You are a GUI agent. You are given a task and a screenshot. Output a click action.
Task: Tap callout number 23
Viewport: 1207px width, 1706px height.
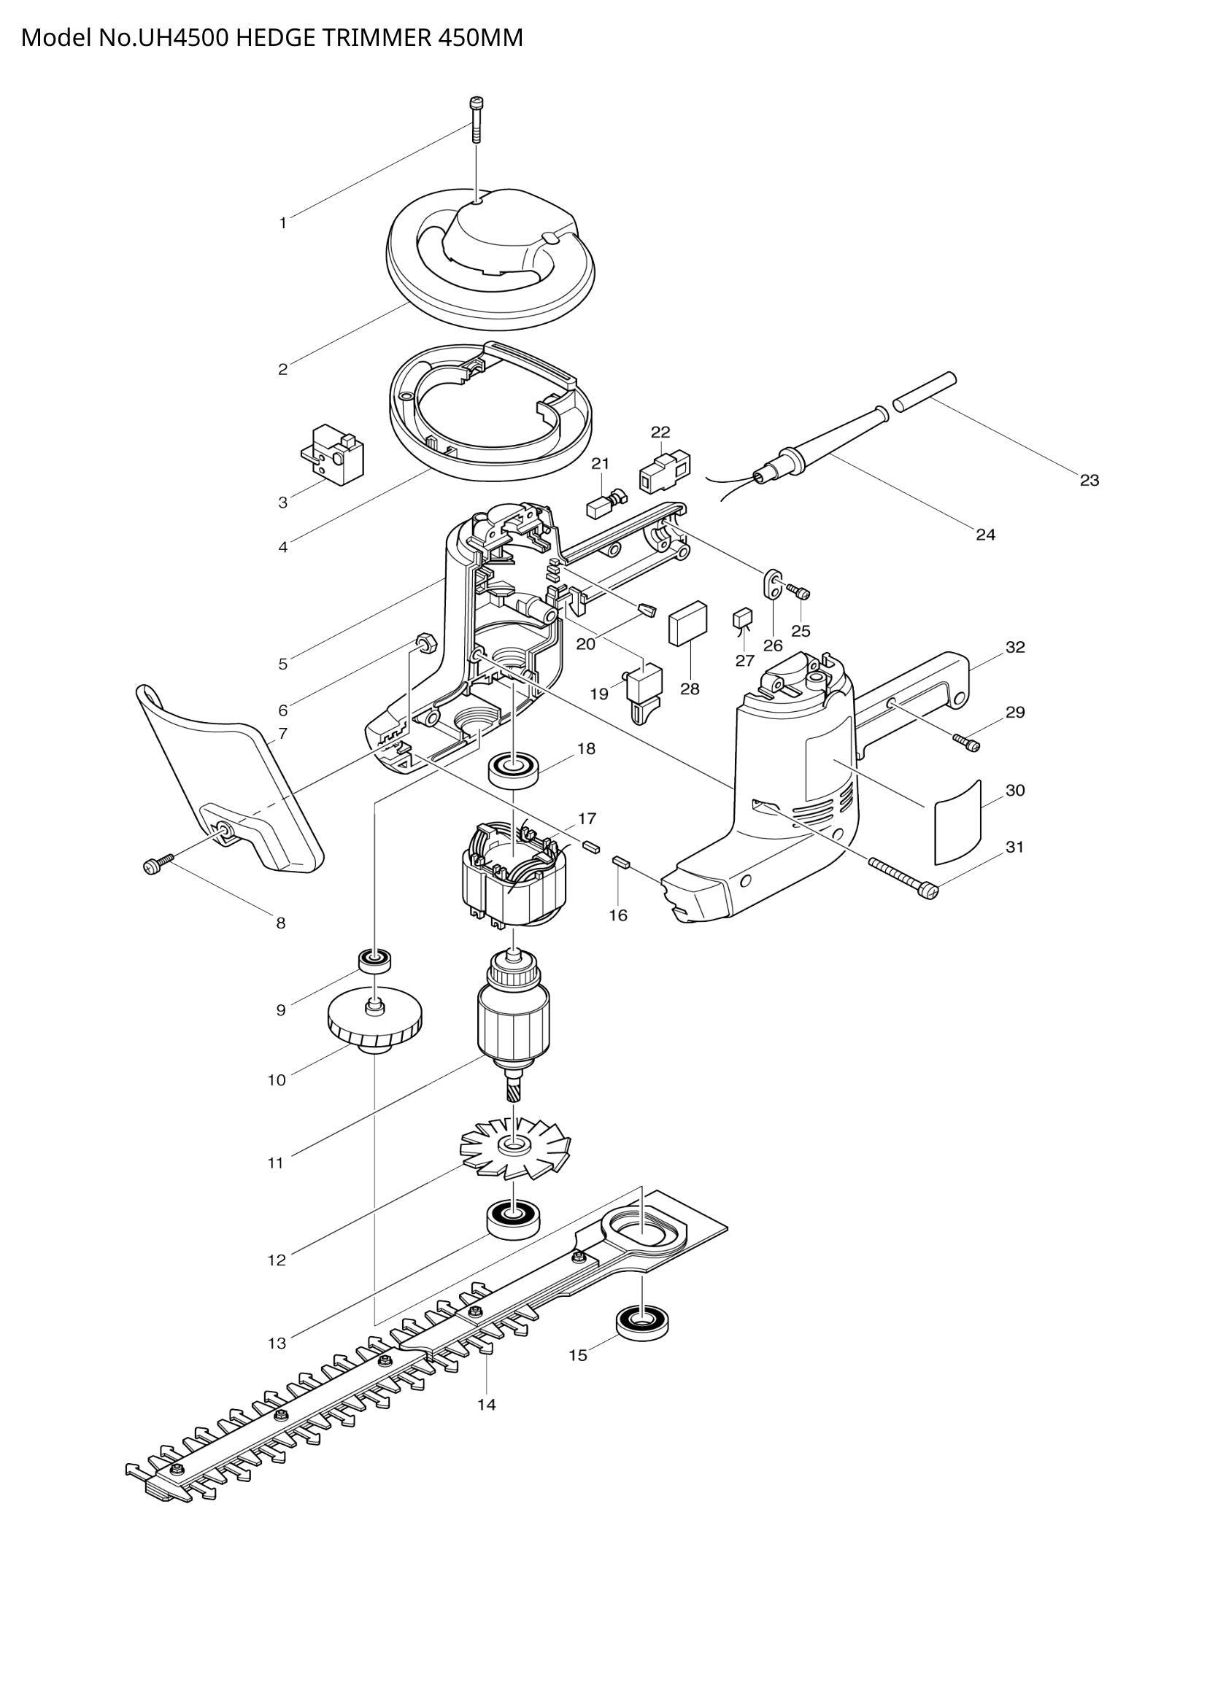click(1089, 481)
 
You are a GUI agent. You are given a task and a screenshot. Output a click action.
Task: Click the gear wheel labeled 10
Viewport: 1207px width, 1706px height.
click(374, 1025)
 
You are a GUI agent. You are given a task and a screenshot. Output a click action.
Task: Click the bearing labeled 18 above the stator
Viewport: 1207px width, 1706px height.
click(514, 768)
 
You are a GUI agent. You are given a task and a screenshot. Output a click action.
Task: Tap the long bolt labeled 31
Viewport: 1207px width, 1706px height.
click(901, 877)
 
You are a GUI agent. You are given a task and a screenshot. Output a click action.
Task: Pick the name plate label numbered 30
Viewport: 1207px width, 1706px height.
click(958, 823)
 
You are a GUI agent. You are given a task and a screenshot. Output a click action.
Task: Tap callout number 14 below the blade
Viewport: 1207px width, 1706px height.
click(486, 1405)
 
